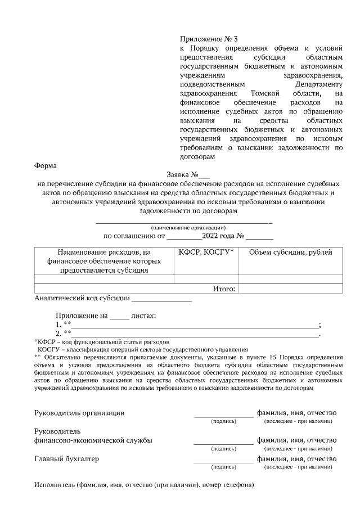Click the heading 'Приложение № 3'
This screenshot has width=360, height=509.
[x=209, y=39]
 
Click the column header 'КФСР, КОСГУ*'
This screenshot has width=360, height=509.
[x=206, y=253]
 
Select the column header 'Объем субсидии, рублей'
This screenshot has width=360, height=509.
[x=290, y=253]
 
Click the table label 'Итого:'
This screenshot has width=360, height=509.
[x=224, y=289]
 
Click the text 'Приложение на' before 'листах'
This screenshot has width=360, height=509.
[x=80, y=316]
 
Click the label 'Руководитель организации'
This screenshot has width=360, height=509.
[x=79, y=412]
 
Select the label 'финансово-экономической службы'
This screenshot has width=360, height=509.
[x=93, y=440]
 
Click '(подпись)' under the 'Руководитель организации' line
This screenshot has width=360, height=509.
[x=223, y=421]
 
